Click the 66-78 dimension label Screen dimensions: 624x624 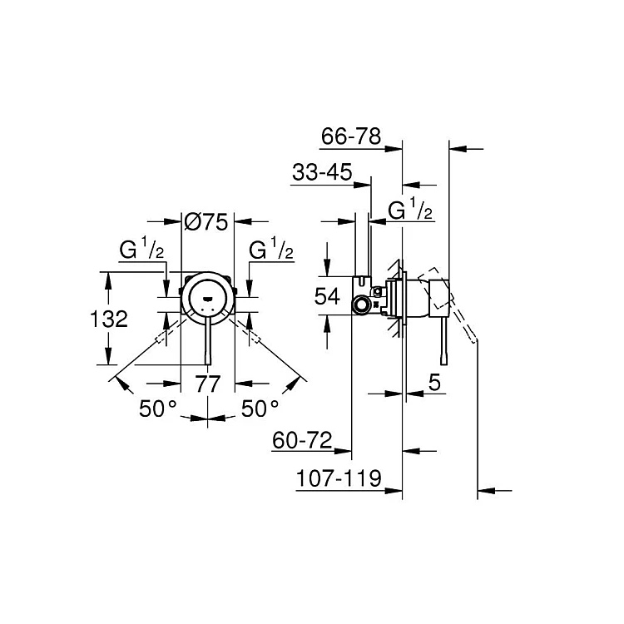click(x=351, y=136)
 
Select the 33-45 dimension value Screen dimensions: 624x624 click(x=322, y=173)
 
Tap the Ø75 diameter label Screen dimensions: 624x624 click(x=206, y=221)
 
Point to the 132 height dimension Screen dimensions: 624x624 click(x=109, y=319)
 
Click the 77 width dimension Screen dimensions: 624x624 click(x=208, y=384)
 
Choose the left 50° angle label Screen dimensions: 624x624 click(x=157, y=409)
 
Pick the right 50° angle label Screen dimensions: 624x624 click(x=260, y=409)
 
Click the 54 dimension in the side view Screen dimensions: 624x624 click(x=327, y=296)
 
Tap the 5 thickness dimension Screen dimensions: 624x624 click(x=434, y=383)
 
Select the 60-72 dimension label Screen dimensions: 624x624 click(x=302, y=440)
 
